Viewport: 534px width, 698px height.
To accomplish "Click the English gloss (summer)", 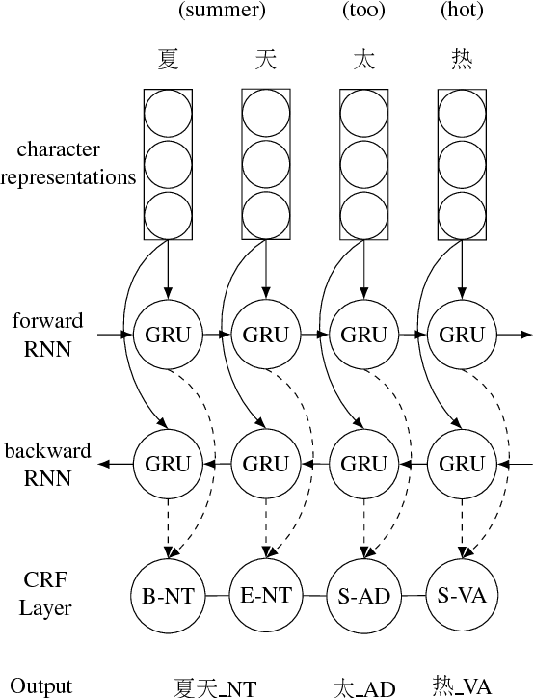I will click(223, 11).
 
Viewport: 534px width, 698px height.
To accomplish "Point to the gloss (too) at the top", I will click(364, 11).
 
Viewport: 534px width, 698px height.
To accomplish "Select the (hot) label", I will click(462, 11).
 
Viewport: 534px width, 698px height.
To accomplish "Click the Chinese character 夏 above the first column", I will click(168, 60).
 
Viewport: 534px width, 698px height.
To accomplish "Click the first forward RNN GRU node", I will click(168, 335).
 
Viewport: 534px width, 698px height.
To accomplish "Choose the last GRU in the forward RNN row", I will click(461, 335).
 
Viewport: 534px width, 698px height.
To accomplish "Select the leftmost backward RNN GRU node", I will click(168, 464).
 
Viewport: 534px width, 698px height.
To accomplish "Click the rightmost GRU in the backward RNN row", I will click(461, 464).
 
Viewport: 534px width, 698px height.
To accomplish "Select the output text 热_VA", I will click(462, 685).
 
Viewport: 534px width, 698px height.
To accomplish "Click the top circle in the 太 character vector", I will click(363, 113).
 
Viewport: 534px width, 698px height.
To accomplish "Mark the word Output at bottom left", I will click(40, 685).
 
